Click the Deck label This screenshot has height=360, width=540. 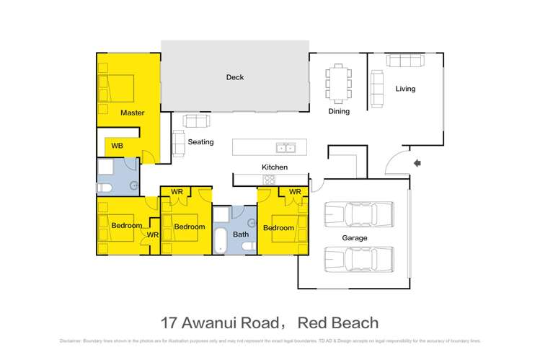point(235,77)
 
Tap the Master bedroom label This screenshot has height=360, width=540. point(132,113)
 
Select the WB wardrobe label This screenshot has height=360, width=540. point(116,146)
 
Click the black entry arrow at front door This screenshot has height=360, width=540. point(417,164)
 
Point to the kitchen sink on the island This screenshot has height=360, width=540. point(286,148)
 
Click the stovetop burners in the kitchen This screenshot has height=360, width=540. point(268,180)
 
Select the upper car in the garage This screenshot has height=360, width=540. point(358,214)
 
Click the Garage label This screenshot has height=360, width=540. point(354,237)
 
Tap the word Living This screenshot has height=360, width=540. point(405,89)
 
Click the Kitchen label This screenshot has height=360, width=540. point(274,167)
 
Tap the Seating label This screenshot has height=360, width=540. point(200,142)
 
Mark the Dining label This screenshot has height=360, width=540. point(339,111)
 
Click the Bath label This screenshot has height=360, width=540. point(241,234)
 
